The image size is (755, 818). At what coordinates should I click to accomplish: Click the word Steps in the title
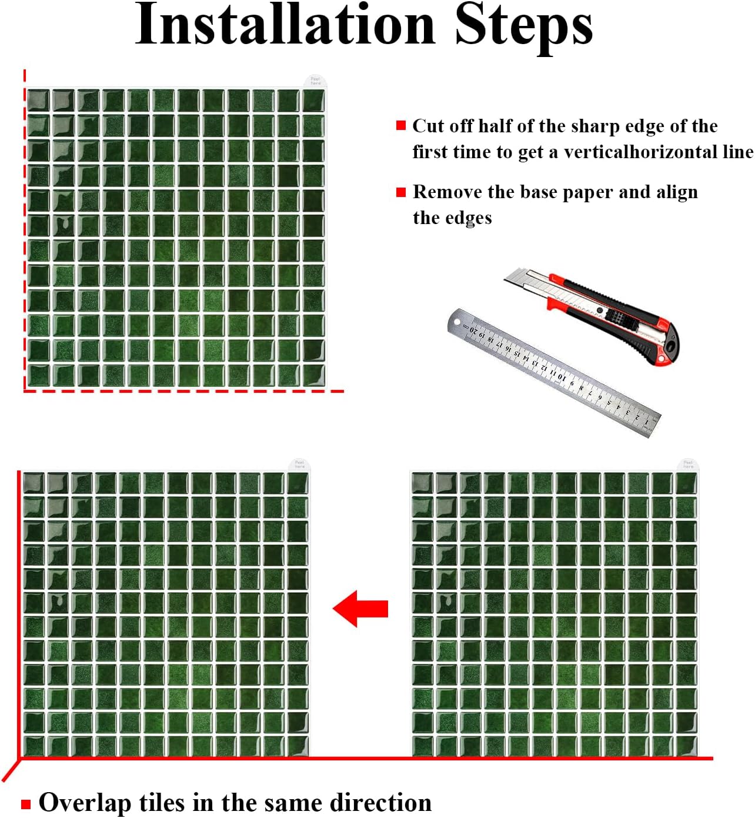point(523,28)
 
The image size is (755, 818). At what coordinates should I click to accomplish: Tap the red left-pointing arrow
point(360,609)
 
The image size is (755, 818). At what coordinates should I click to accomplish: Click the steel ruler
point(554,373)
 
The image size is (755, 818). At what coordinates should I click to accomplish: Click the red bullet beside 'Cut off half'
point(400,125)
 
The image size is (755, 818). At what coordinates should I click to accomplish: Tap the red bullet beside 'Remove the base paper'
point(400,192)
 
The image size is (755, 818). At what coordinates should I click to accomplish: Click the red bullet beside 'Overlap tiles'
point(26,804)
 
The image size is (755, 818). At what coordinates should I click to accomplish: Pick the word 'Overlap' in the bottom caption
point(85,803)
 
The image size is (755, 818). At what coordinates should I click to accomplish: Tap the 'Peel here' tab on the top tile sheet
point(315,81)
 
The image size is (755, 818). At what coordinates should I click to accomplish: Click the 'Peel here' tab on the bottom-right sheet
point(688,464)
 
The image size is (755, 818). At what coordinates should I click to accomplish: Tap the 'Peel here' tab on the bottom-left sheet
point(299,464)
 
